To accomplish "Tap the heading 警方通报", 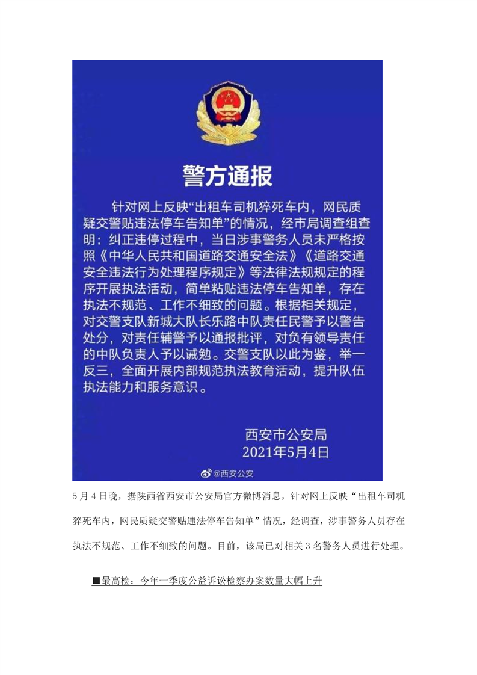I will coord(227,176).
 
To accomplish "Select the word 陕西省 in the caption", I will coord(155,496).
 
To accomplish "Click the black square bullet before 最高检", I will coord(96,582).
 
